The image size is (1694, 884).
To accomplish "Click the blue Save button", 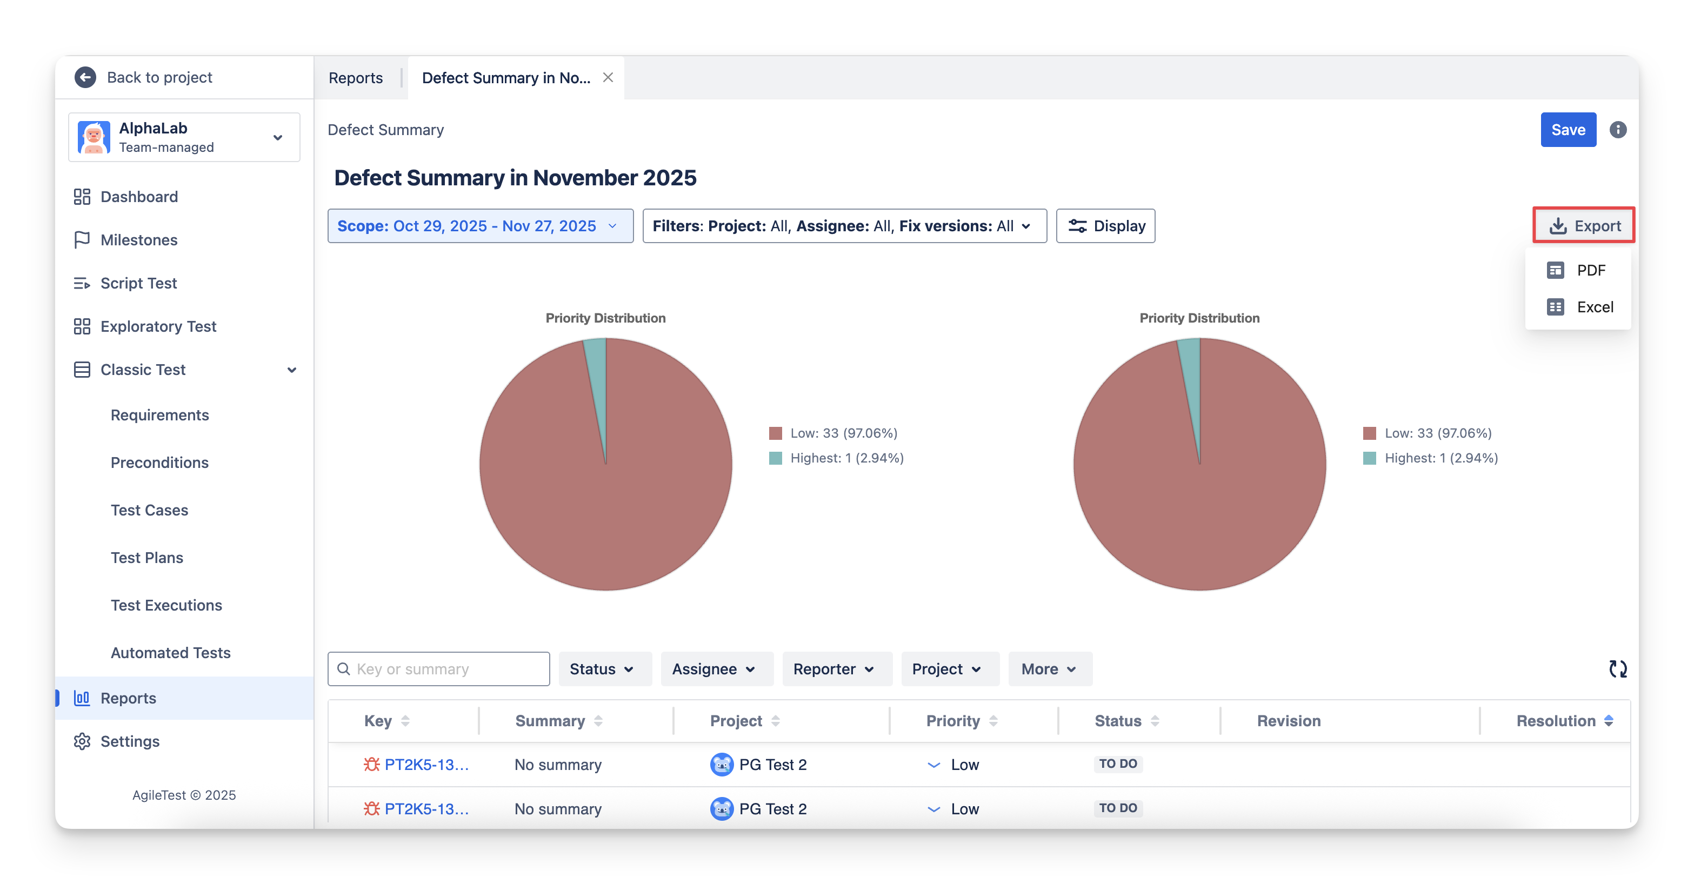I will click(x=1568, y=130).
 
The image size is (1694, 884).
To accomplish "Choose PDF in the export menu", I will click(x=1590, y=270).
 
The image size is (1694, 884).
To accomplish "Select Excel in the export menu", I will click(x=1594, y=307).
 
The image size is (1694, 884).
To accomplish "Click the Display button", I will click(x=1105, y=226).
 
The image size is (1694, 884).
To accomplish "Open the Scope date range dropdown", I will click(x=480, y=226).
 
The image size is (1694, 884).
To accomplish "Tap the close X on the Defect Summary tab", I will click(x=608, y=78).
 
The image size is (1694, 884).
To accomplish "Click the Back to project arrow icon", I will click(x=85, y=78).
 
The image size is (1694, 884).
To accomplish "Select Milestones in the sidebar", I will click(x=139, y=240).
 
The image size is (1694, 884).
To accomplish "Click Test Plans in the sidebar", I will click(x=146, y=557).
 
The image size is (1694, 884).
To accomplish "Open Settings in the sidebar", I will click(x=130, y=741).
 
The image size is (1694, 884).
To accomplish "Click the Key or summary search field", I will click(x=447, y=669).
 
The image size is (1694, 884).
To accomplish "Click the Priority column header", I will click(x=953, y=721).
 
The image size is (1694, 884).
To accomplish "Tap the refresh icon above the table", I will click(x=1618, y=669).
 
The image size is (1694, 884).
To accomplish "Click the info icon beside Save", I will click(x=1618, y=130).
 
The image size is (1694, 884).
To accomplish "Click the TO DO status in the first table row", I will click(x=1118, y=764).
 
